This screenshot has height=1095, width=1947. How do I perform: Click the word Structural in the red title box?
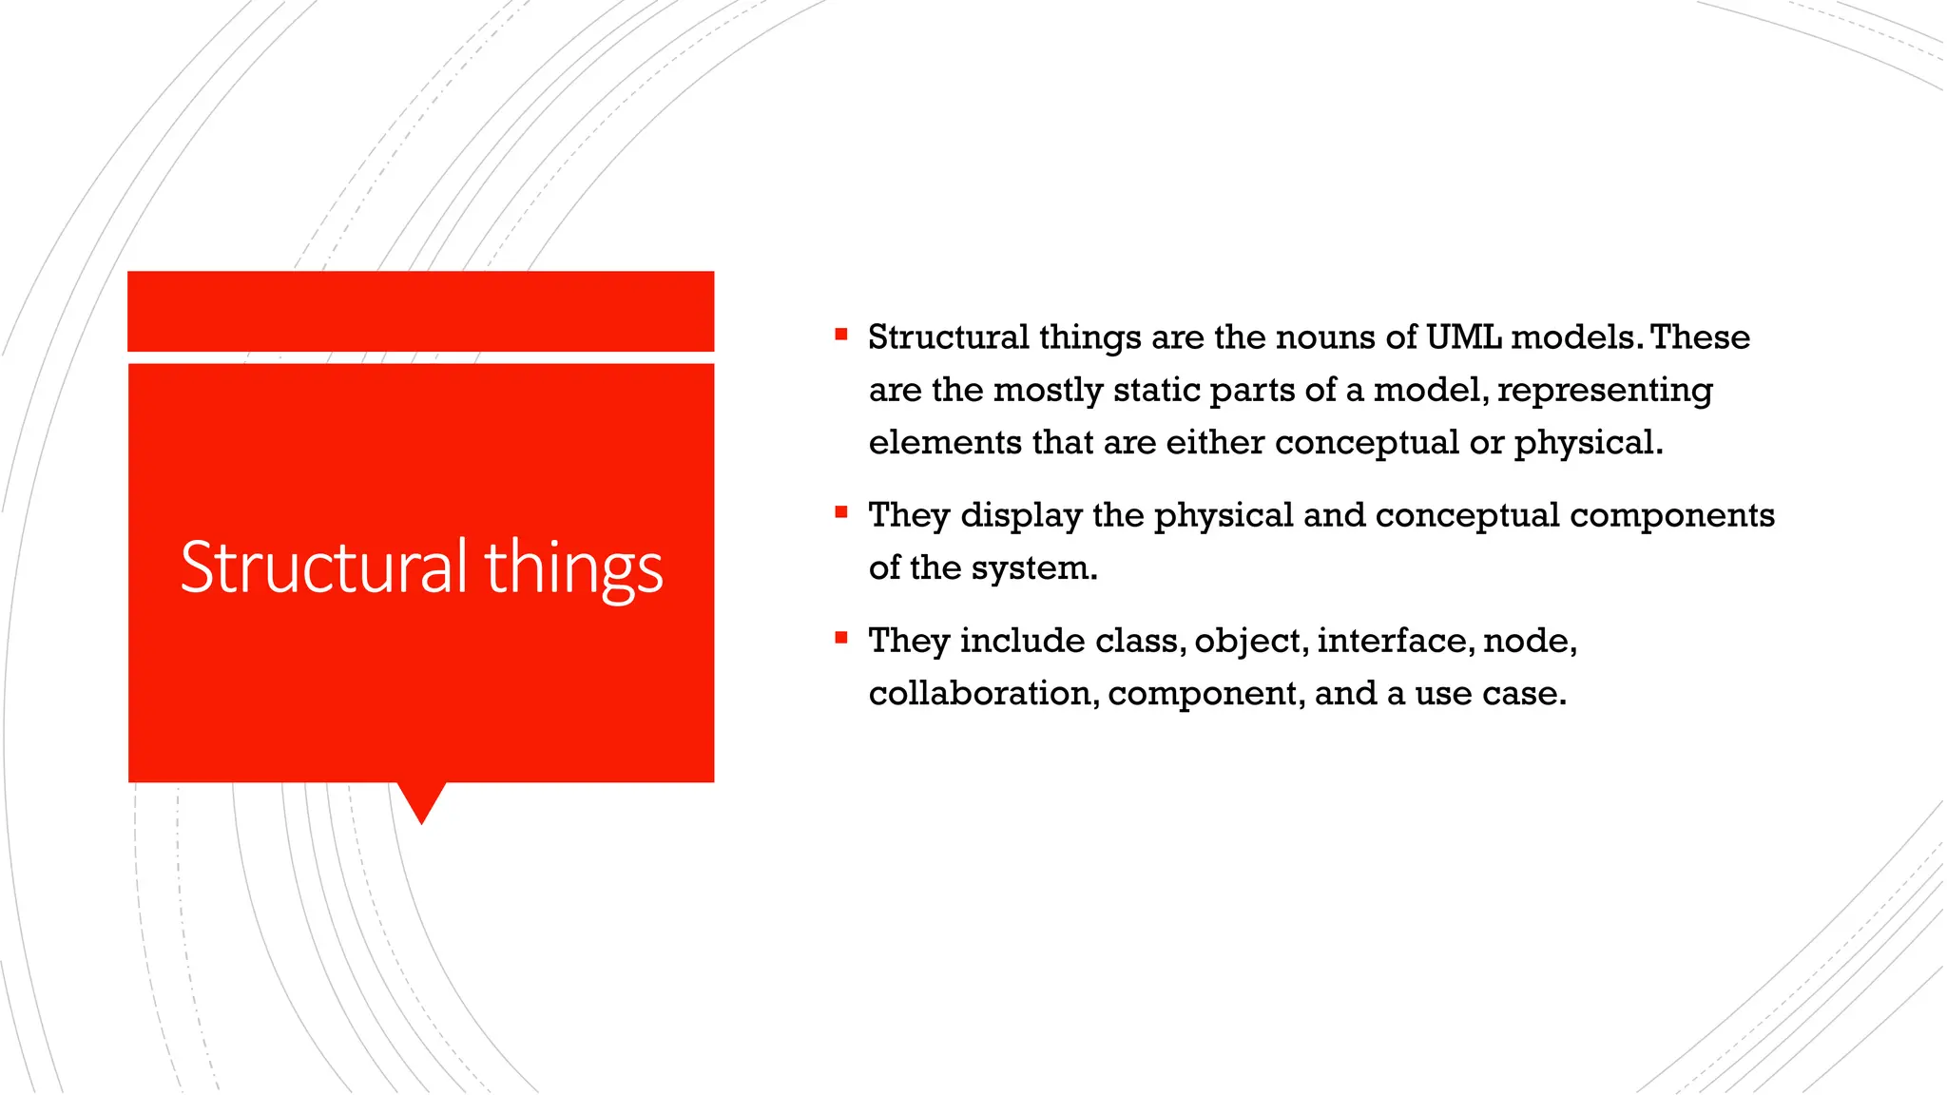323,567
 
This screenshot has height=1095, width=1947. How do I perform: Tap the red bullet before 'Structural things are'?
841,335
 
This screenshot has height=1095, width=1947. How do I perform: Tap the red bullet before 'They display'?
841,512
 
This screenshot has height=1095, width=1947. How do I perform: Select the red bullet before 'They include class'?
841,638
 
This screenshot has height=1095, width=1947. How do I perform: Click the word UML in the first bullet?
1463,337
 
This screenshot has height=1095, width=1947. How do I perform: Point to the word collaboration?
983,694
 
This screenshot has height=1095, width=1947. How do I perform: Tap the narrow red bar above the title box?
421,311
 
